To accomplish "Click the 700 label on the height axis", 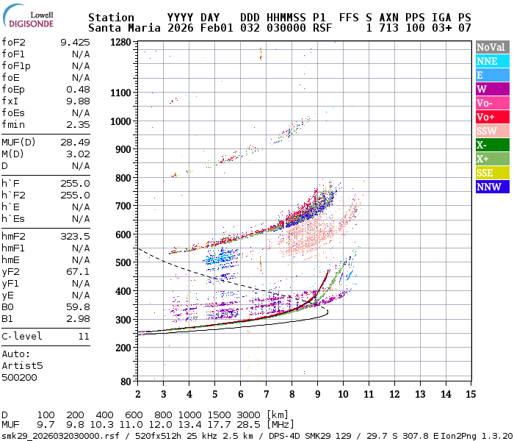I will pos(123,207).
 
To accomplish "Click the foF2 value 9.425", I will pos(75,42).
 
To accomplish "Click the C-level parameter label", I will pos(22,336).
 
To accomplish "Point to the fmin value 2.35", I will pos(78,124).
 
